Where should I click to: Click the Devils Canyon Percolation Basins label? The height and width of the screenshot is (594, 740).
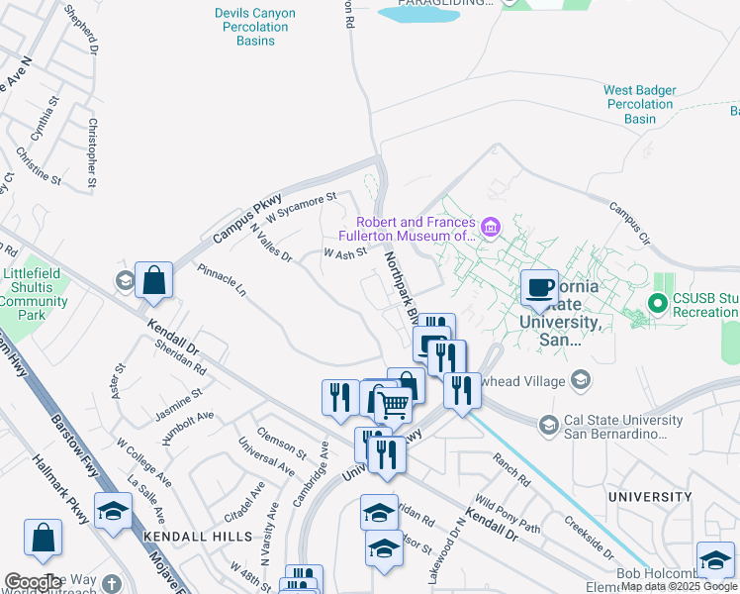click(x=251, y=27)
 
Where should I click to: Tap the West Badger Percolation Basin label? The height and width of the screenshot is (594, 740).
click(x=640, y=104)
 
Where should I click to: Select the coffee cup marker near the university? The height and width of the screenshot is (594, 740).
click(x=539, y=289)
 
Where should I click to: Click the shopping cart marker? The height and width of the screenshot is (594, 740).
click(x=394, y=404)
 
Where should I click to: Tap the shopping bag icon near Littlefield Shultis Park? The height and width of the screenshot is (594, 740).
click(x=154, y=281)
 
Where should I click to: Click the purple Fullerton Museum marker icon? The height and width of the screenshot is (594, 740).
click(x=491, y=230)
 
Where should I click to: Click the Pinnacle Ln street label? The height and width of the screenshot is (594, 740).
click(x=221, y=281)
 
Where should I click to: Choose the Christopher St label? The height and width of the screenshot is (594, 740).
click(x=92, y=152)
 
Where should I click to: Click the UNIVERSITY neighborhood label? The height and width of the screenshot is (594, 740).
click(x=650, y=497)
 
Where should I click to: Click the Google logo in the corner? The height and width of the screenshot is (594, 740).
click(x=33, y=582)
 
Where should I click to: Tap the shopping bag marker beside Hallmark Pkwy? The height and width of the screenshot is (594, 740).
click(x=44, y=540)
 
